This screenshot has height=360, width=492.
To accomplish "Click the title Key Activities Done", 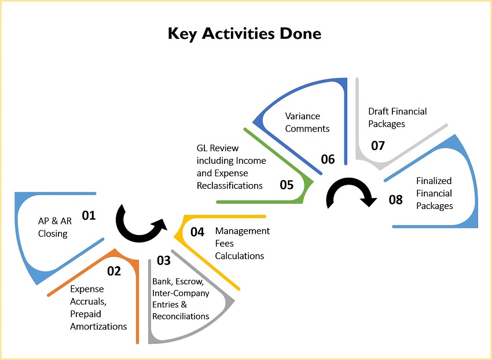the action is click(x=244, y=34).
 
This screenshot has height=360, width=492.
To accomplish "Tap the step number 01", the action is click(x=89, y=215).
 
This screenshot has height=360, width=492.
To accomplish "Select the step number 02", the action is click(x=114, y=271).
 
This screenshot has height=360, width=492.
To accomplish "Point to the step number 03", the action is click(x=164, y=260).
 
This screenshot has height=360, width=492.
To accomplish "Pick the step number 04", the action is click(x=197, y=232).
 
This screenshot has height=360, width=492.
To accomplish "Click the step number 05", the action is click(x=287, y=185).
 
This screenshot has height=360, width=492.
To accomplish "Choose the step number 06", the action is click(x=328, y=159).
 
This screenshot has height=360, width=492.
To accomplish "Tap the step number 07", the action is click(x=378, y=146).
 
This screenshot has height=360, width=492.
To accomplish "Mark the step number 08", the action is click(x=396, y=200).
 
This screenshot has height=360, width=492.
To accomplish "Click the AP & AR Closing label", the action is click(x=55, y=227).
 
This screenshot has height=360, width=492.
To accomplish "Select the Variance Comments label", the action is click(x=307, y=122).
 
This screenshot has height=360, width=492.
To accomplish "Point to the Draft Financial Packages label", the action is click(x=398, y=117).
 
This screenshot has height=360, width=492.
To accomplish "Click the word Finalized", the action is click(x=434, y=181).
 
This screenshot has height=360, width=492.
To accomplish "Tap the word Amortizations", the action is click(x=98, y=326).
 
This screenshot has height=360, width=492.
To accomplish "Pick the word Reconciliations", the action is click(x=181, y=316).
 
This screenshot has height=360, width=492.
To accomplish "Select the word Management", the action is click(x=243, y=231).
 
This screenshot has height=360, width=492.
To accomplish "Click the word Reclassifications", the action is click(x=230, y=185).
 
